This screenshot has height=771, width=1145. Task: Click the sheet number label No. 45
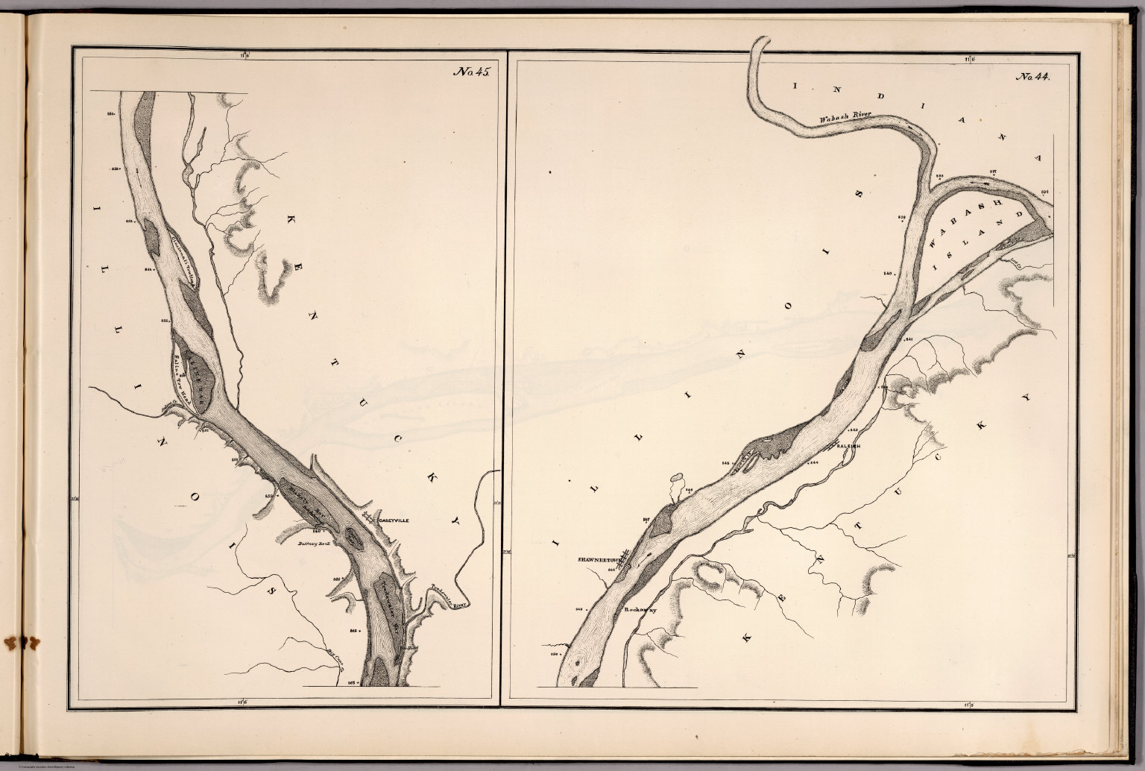[470, 73]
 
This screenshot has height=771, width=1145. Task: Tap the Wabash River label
[845, 118]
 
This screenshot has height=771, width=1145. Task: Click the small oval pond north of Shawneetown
[676, 476]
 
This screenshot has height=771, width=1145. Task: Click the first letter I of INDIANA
[795, 86]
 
